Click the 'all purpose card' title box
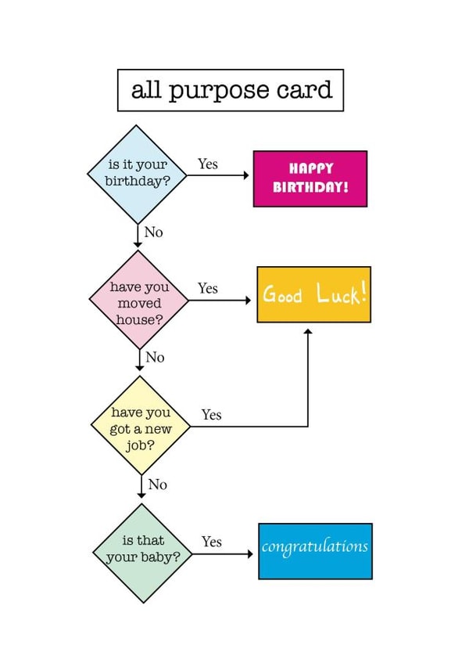[231, 90]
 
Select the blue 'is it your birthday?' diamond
[138, 174]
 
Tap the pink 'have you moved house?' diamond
[139, 300]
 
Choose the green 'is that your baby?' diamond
[142, 553]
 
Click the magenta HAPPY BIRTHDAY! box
[310, 178]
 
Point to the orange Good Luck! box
[313, 294]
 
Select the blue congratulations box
[315, 551]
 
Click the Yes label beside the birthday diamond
[207, 164]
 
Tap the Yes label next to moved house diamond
[207, 289]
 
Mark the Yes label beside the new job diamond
[211, 415]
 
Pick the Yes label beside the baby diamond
[211, 542]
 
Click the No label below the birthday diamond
[153, 232]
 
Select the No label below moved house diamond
[155, 358]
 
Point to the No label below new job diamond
[157, 485]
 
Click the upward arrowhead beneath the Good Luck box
[308, 333]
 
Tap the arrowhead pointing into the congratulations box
[250, 554]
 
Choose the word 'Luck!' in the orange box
[341, 295]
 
